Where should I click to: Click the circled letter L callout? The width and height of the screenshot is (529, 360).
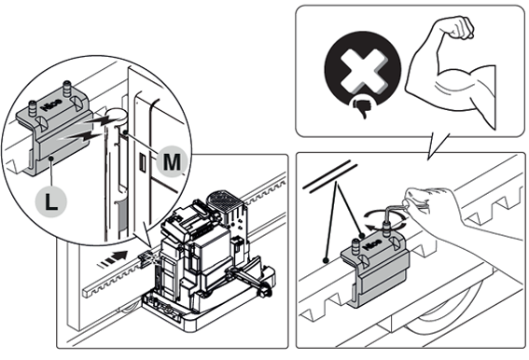pos(51,201)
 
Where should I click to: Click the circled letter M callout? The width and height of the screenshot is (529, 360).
pos(172,161)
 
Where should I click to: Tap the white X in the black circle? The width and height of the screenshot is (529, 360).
pos(363,71)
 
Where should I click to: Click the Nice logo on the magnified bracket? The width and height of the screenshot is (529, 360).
pos(51,104)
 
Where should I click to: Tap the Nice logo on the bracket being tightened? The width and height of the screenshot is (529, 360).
pos(373,245)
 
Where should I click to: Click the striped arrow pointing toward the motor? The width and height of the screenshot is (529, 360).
pos(113,259)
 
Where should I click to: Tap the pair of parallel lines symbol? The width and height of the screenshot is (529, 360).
pos(330,177)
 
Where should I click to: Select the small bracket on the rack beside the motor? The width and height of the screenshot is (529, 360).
pos(145,261)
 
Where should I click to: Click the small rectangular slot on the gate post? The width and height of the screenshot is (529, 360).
pos(143,161)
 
